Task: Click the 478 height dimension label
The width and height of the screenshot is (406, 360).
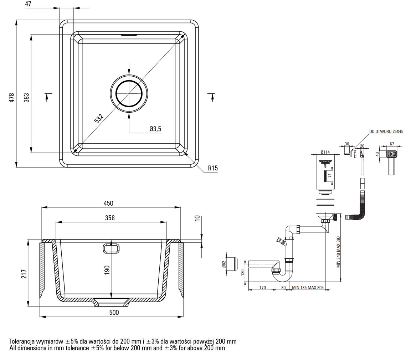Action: tap(12, 98)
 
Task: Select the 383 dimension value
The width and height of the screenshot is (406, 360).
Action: tap(26, 98)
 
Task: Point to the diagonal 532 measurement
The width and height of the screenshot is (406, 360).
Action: tap(99, 119)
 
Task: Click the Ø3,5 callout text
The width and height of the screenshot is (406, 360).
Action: tap(155, 129)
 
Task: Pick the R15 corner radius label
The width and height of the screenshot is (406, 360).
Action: tap(213, 168)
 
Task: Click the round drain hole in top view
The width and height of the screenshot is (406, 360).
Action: tap(129, 94)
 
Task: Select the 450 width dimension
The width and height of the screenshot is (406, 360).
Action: tap(108, 203)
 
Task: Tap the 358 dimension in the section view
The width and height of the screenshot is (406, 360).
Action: tap(110, 218)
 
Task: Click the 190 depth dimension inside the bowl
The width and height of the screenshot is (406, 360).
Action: tap(107, 270)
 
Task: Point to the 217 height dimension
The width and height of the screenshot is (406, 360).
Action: tap(24, 274)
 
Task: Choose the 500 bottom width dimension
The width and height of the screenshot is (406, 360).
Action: tap(114, 313)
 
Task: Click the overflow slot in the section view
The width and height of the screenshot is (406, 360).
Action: tap(111, 248)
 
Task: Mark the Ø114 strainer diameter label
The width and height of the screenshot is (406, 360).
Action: tap(325, 152)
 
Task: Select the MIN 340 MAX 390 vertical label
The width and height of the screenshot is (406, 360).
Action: tap(338, 252)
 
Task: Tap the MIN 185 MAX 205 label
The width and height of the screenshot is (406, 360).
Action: tap(308, 287)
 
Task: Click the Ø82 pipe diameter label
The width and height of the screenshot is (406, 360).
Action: tap(224, 264)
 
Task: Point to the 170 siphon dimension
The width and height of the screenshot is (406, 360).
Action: tap(262, 287)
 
